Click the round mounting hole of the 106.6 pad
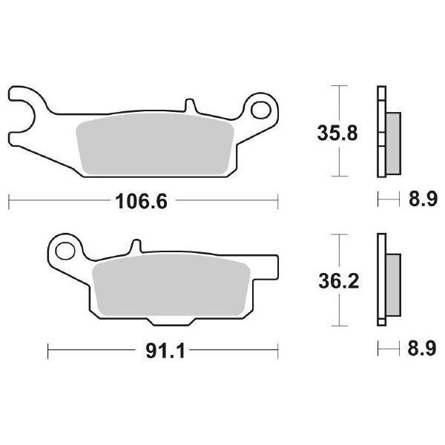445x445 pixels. (260, 111)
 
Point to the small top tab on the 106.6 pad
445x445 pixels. (191, 106)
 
